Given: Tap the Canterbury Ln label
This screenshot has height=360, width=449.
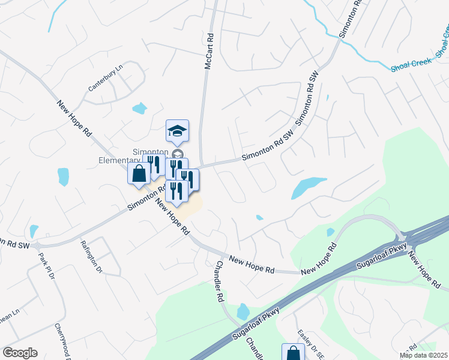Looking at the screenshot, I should tap(105, 78).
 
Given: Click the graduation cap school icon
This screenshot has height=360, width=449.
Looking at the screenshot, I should tap(177, 130).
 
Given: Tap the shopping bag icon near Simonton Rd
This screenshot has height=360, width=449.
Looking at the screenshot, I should tap(139, 174).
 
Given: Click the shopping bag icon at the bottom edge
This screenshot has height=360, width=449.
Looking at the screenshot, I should tap(292, 353).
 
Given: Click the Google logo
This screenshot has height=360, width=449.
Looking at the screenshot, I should tap(20, 353).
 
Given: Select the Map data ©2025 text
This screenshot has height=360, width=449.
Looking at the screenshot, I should tap(423, 355).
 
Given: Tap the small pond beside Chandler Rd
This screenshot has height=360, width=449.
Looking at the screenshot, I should tap(243, 311).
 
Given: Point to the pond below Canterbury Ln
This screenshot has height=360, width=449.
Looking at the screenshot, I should tap(139, 109).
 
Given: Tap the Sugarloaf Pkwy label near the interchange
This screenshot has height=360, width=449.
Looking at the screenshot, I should tap(379, 255).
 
